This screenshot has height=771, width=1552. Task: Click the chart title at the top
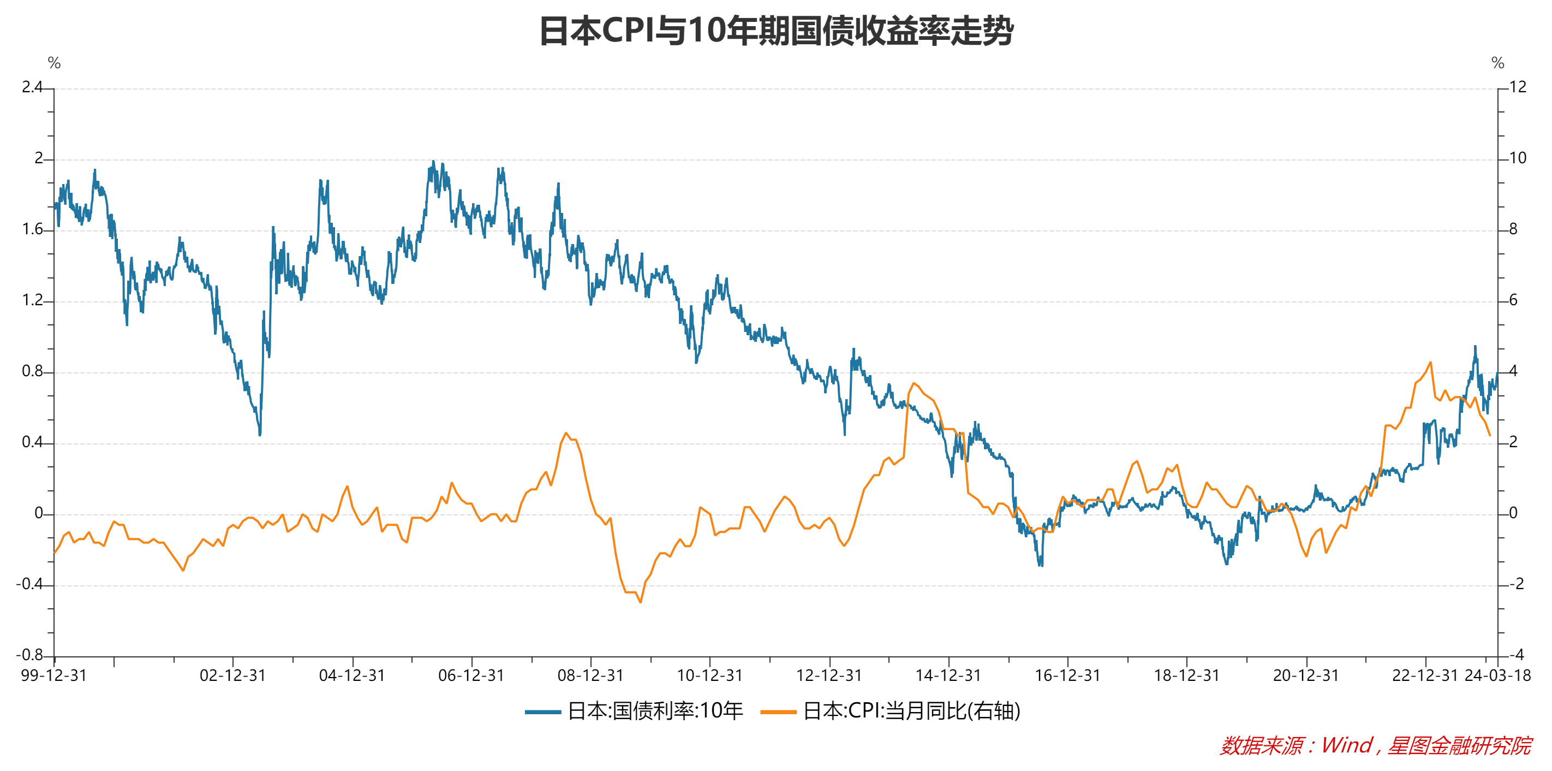point(776,31)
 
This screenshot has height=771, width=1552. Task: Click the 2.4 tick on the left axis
point(33,87)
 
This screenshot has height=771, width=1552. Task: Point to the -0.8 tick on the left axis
point(29,655)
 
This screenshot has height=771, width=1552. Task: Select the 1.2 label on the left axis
point(33,300)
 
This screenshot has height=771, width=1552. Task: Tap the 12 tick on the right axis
point(1518,87)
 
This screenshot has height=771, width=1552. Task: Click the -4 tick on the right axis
point(1516,655)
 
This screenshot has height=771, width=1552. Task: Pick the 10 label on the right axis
point(1518,158)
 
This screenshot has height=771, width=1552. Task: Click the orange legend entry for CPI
point(891,711)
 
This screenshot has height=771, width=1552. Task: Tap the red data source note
point(1376,746)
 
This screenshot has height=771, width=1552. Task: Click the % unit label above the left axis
point(54,63)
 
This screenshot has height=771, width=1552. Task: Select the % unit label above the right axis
point(1498,63)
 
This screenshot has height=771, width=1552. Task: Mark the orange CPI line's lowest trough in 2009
point(641,602)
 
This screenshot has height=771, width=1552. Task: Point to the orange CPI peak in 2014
point(914,383)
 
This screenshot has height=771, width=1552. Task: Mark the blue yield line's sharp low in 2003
point(260,434)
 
